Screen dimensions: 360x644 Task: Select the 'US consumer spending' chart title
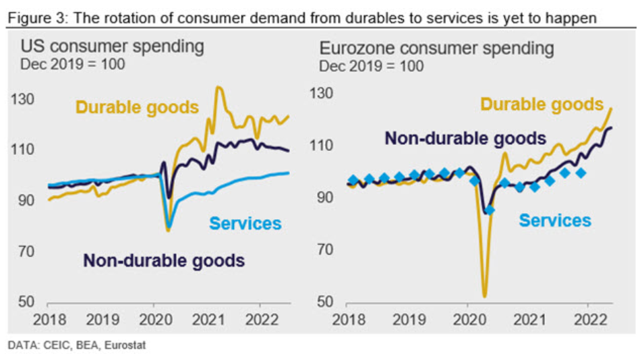coord(112,47)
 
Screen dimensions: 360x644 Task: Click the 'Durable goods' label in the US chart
coord(137,107)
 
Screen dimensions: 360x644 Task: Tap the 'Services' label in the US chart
coord(245,223)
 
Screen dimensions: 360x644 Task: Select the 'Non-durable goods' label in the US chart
coord(164,260)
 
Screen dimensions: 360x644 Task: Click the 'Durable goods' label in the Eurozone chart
coord(541,104)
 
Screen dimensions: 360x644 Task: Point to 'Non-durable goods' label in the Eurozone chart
coord(465,139)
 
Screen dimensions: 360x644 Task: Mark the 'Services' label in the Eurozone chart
coord(555,220)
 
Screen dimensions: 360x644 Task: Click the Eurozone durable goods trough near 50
coord(485,295)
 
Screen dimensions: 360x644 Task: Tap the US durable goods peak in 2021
coord(219,87)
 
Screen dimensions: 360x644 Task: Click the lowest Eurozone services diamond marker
coord(490,210)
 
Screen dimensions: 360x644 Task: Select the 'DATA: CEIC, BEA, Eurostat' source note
coord(76,346)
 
